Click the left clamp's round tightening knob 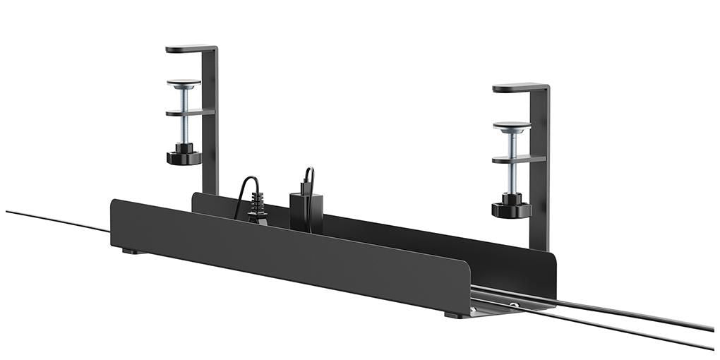pos(184,155)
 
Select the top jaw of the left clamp pos(189,49)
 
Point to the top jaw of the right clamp pos(518,88)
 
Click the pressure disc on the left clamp pos(184,83)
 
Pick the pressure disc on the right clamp pos(512,126)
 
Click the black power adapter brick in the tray pos(306,210)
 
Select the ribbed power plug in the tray pos(257,210)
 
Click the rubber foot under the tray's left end pos(130,251)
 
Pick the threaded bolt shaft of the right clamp pos(512,176)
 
